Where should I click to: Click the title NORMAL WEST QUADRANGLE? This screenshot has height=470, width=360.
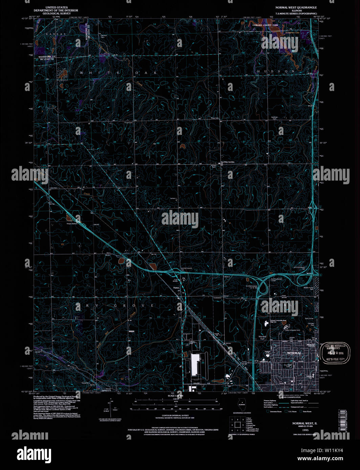click(x=296, y=7)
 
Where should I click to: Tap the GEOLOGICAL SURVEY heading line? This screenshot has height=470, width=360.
click(x=57, y=13)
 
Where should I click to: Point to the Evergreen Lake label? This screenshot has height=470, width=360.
click(x=293, y=33)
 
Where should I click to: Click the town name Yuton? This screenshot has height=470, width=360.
click(x=176, y=288)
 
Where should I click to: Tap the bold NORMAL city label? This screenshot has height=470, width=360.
click(x=294, y=353)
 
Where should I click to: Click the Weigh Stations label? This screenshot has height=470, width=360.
click(x=72, y=224)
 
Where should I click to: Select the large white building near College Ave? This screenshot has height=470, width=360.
click(x=195, y=365)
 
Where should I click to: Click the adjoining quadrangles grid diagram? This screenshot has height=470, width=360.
click(x=237, y=425)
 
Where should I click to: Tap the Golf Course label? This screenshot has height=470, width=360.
click(x=309, y=319)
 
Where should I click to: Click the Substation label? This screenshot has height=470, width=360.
click(x=217, y=298)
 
